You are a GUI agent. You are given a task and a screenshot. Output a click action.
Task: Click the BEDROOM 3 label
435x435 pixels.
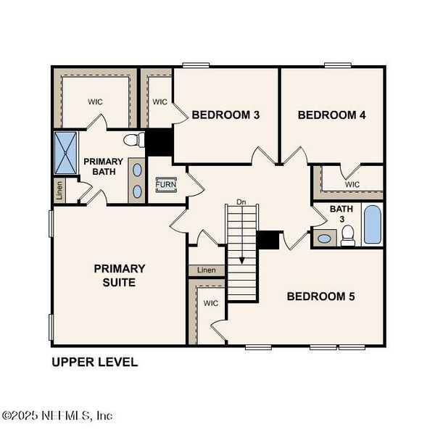pos(225,115)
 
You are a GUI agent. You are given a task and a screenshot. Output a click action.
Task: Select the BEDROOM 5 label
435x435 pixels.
pos(320,296)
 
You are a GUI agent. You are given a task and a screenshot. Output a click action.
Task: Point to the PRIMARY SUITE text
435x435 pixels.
pos(120,275)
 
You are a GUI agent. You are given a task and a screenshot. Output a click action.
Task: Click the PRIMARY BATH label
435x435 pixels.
pos(104,166)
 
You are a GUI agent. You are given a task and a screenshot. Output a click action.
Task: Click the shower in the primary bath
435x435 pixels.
pos(65,152)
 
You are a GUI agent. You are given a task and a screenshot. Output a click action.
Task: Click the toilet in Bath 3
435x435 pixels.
pos(348,235)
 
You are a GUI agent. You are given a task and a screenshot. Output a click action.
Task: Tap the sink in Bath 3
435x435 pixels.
pos(324,238)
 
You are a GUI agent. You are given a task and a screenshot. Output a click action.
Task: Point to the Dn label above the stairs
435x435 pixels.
pos(241,202)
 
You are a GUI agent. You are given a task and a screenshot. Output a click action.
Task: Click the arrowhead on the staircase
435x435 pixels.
pos(242,259)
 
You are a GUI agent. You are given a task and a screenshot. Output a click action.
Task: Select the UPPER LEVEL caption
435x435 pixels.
pos(94,362)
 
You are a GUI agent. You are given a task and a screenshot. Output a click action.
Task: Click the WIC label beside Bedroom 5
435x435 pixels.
pos(211,302)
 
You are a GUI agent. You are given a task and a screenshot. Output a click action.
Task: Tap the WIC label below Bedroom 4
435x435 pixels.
pos(352,184)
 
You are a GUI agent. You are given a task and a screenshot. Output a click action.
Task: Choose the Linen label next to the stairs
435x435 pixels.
pos(207,270)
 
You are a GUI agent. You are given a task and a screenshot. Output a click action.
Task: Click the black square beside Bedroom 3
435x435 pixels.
pos(159,141)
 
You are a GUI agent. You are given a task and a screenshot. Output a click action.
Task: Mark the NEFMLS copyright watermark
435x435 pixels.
pos(57,415)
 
